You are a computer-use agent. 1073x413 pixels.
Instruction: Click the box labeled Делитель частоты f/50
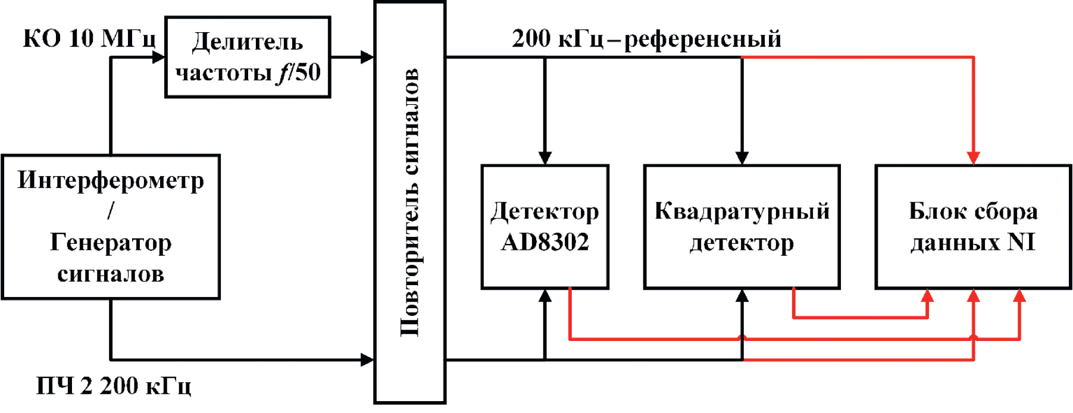click(248, 57)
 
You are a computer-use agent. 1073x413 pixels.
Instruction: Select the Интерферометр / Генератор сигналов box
click(111, 227)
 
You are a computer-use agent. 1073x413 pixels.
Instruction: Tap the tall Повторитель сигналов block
click(410, 202)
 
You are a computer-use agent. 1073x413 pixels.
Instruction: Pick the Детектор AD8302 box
click(545, 227)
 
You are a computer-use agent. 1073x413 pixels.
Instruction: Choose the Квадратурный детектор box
click(742, 227)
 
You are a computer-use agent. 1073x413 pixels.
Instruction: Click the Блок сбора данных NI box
click(973, 227)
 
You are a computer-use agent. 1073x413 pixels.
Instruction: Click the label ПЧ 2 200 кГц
click(114, 386)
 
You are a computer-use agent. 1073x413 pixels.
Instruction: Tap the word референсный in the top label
click(702, 39)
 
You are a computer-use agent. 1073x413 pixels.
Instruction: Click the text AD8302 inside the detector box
click(545, 242)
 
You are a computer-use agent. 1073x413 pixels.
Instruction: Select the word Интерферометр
click(111, 180)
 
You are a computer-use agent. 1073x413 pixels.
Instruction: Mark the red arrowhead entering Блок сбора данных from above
click(974, 158)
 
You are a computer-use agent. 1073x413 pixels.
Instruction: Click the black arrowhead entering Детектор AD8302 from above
click(545, 158)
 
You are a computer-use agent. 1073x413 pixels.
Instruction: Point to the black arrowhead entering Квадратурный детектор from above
click(742, 158)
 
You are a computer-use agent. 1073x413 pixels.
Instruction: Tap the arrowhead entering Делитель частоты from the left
click(158, 57)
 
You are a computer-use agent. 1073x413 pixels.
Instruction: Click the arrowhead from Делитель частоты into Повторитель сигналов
click(367, 57)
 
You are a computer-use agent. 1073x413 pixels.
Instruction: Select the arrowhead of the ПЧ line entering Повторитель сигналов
click(367, 359)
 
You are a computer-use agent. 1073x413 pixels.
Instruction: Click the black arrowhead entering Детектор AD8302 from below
click(545, 296)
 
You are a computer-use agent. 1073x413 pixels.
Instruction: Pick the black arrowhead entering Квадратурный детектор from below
click(742, 296)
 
